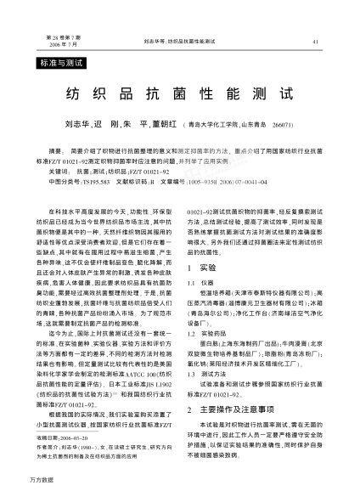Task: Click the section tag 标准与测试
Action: (x=62, y=64)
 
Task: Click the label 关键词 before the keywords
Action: (x=58, y=171)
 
